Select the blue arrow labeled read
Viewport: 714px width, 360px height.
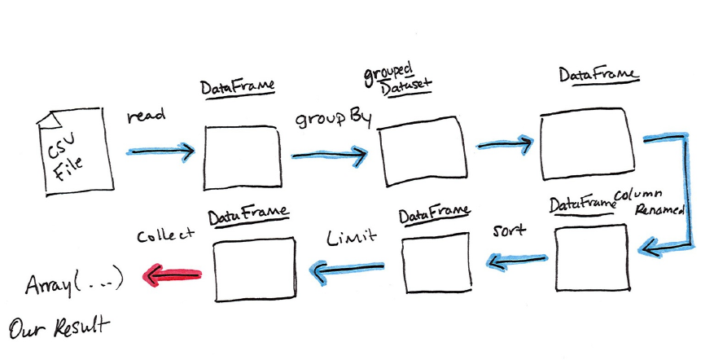click(160, 151)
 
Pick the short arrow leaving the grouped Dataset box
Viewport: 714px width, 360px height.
click(505, 144)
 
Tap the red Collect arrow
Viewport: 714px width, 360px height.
click(171, 276)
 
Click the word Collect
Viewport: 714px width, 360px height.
click(166, 235)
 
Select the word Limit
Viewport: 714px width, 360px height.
click(352, 237)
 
